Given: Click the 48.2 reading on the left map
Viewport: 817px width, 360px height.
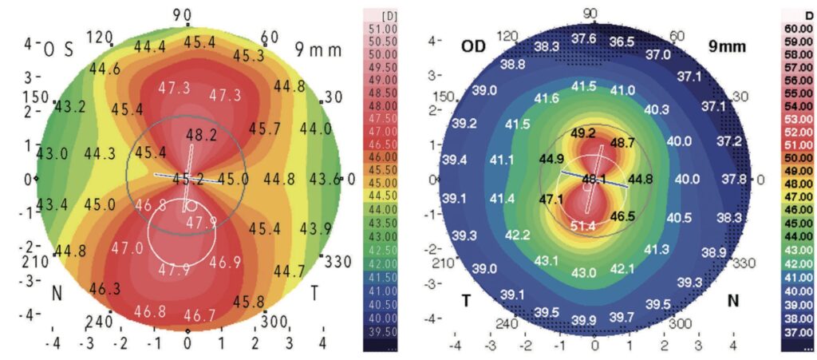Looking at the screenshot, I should pos(201,136).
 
